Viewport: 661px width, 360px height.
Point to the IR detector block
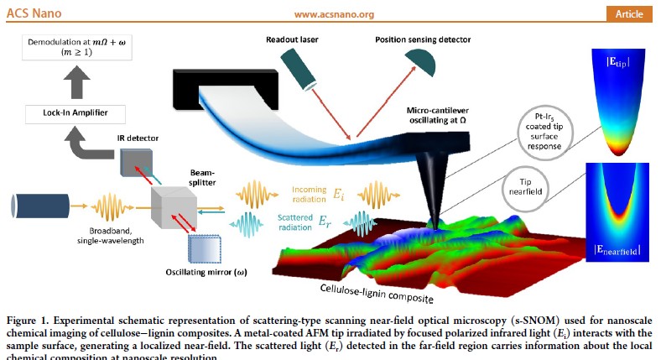click(134, 164)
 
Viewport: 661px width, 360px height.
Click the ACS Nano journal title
click(34, 13)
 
